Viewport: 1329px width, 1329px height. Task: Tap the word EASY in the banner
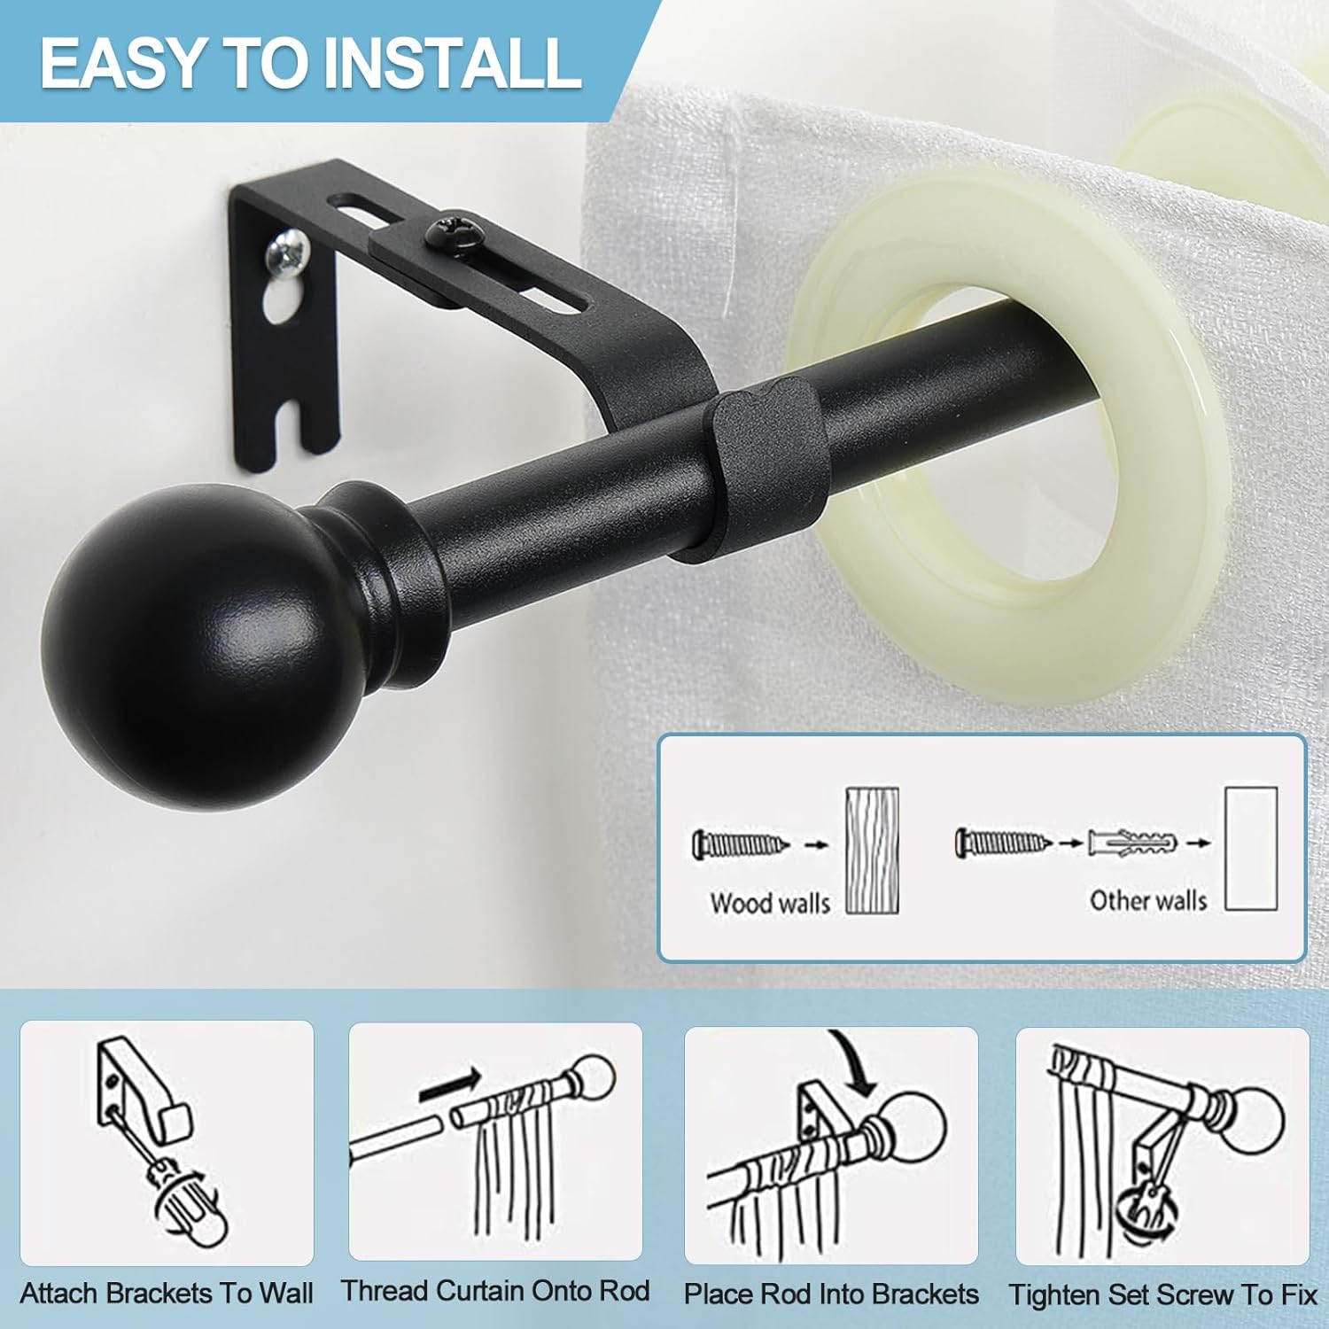[121, 62]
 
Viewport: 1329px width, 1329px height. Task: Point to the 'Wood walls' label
[770, 903]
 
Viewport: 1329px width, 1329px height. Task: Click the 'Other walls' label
[1148, 901]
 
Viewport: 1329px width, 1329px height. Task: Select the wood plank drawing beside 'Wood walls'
[872, 851]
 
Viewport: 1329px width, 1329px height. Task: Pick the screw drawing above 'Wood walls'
[741, 843]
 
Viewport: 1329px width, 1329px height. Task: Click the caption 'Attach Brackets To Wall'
[167, 1294]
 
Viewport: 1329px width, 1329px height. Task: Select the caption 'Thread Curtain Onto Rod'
[496, 1291]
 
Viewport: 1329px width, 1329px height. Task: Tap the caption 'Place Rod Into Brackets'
[831, 1294]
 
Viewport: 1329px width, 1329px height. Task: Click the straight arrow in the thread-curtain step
[450, 1086]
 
